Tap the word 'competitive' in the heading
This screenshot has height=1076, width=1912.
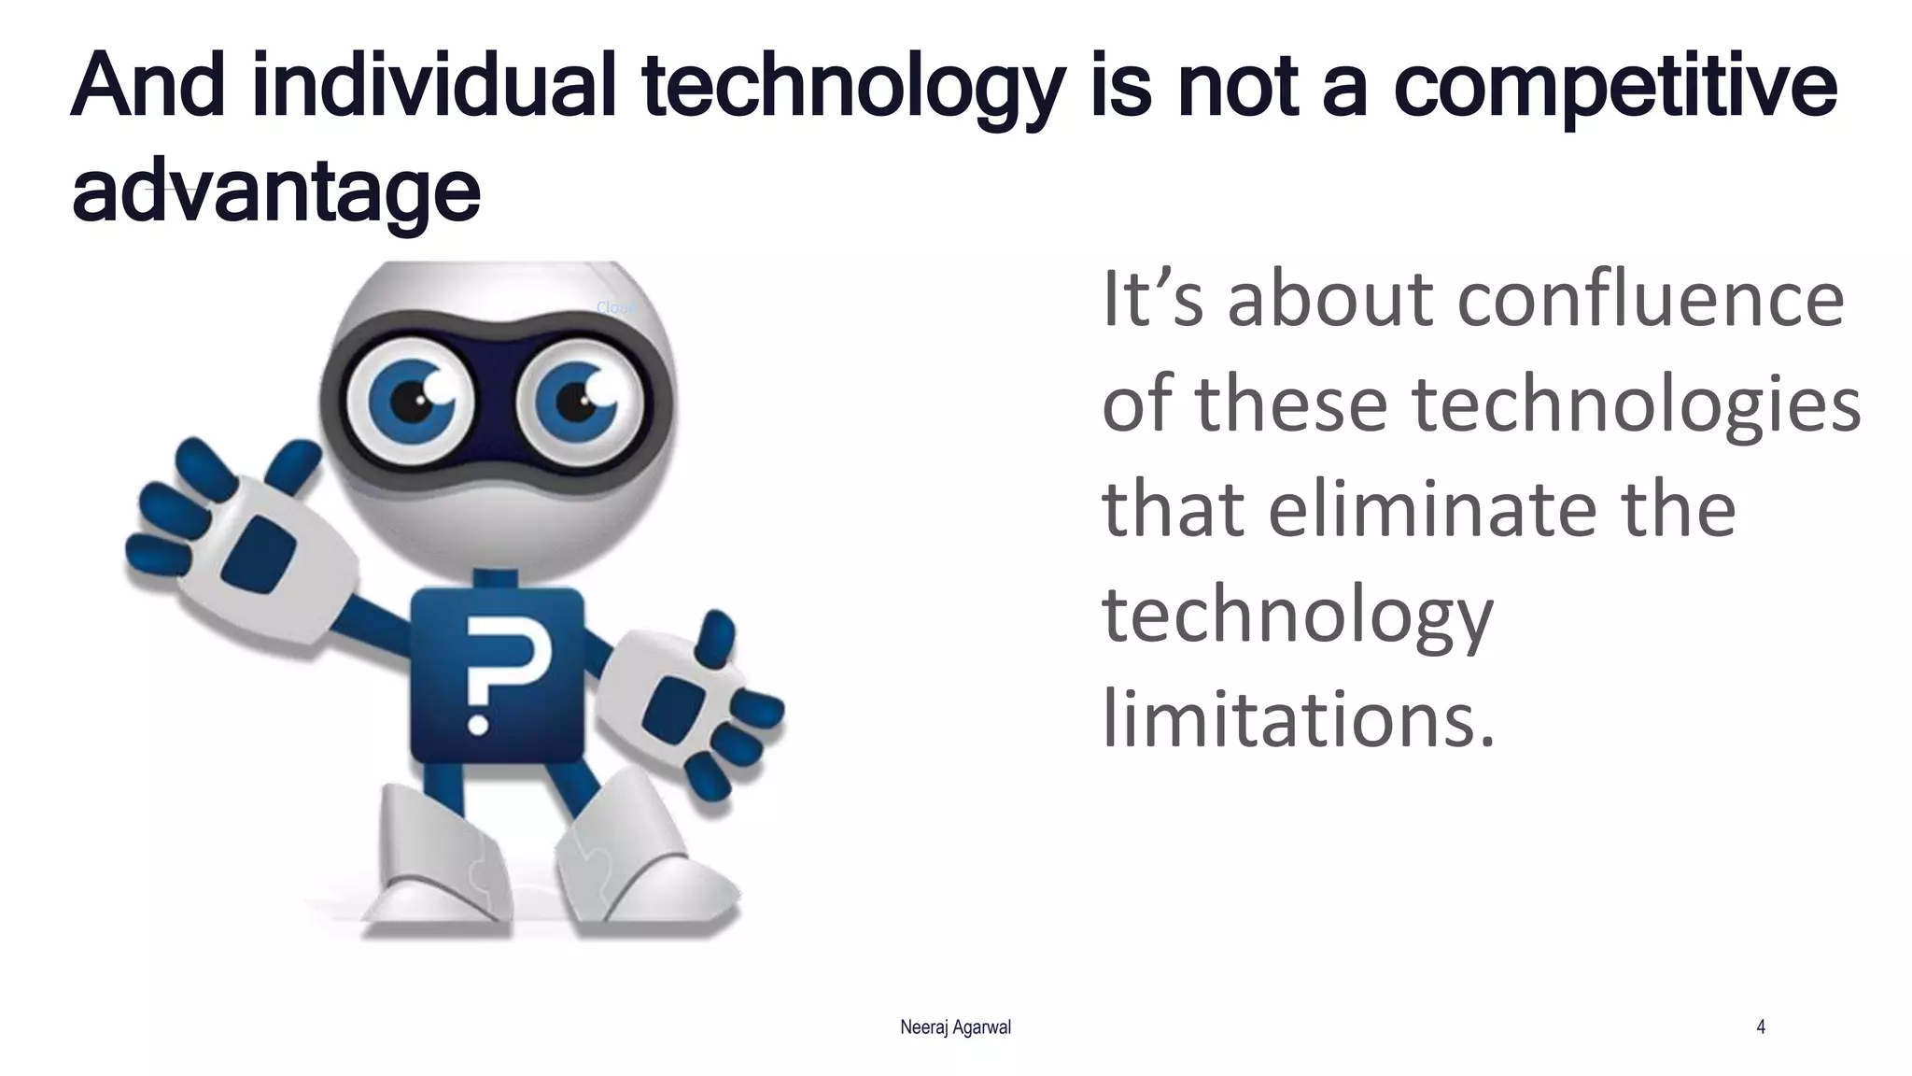[x=1615, y=86]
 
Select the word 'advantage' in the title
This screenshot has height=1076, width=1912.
[x=276, y=192]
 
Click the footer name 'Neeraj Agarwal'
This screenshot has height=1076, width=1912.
[x=955, y=1027]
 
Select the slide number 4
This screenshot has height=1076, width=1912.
[x=1761, y=1027]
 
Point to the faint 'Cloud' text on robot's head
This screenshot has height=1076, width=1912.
[x=615, y=307]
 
